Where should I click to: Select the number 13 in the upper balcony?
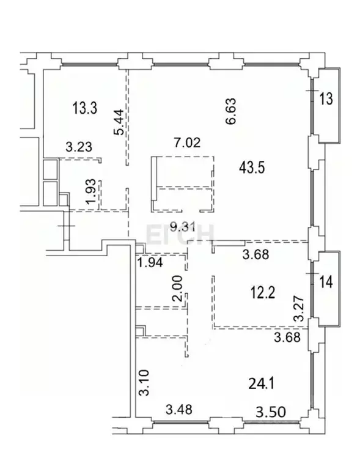pos(327,98)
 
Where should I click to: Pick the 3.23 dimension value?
pos(78,147)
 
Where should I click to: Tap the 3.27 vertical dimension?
pos(299,309)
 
